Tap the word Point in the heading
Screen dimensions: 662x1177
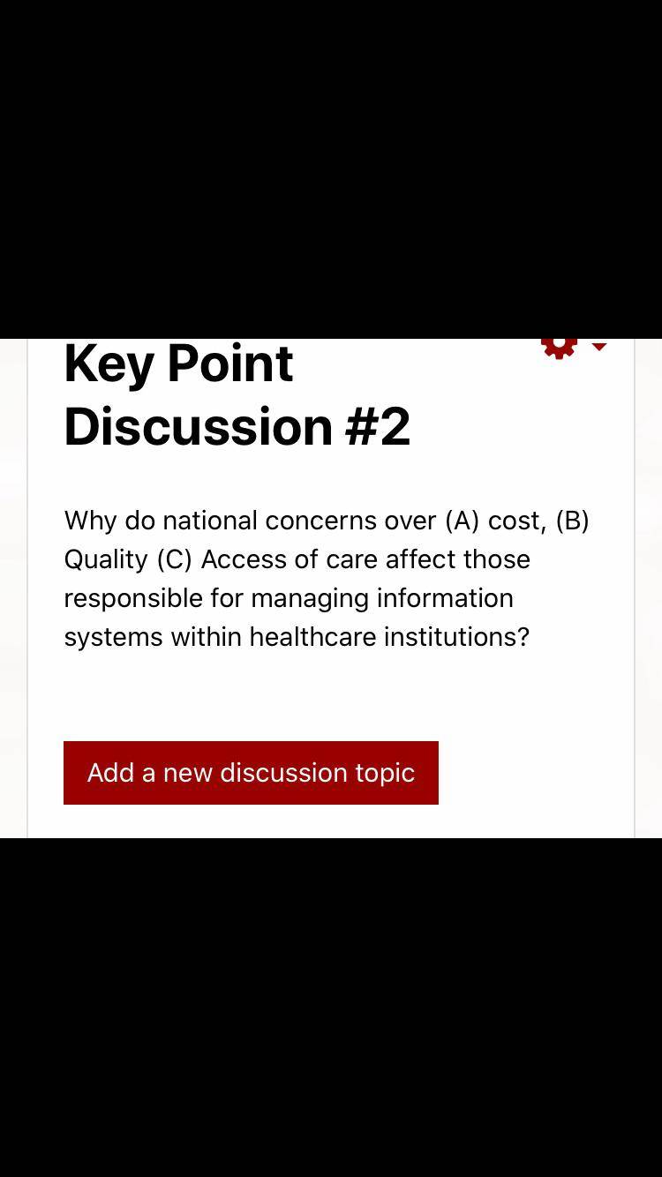(x=230, y=364)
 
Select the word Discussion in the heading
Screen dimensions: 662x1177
(x=199, y=426)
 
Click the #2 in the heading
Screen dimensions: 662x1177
(x=378, y=426)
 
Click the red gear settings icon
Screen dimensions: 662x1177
(x=559, y=348)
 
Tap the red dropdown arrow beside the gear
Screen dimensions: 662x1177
(x=599, y=346)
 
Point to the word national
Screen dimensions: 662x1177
(x=210, y=521)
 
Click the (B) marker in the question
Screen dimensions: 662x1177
(x=572, y=521)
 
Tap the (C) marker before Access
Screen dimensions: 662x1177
(x=175, y=559)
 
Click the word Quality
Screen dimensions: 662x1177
(x=106, y=560)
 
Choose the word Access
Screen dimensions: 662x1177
(x=243, y=559)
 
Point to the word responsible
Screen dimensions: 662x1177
(x=133, y=599)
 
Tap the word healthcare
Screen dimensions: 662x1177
(x=312, y=637)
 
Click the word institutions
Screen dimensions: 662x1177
(x=451, y=637)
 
